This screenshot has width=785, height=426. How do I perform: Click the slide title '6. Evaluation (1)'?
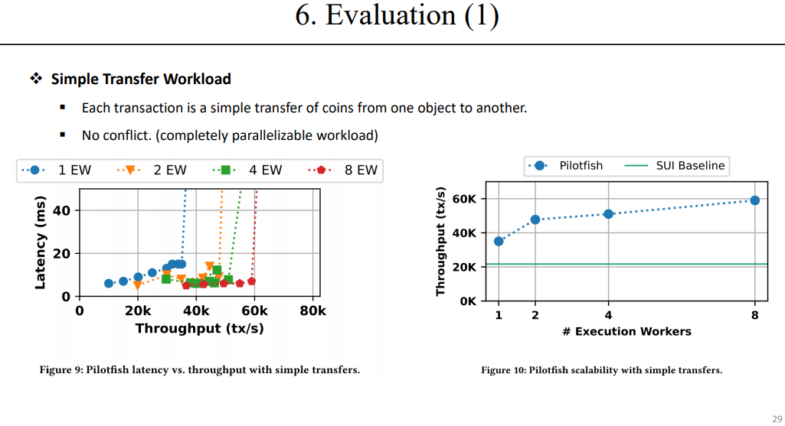click(397, 18)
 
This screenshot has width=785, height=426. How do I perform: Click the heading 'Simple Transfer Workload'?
click(141, 79)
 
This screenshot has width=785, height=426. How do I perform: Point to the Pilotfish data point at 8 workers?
click(755, 200)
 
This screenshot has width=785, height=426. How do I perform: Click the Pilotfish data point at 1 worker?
click(499, 241)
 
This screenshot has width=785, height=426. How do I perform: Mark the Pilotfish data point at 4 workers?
click(608, 214)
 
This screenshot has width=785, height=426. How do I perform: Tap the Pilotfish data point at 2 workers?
click(535, 220)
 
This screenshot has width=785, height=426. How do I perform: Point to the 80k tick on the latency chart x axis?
click(312, 311)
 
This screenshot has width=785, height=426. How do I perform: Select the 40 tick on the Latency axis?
click(62, 210)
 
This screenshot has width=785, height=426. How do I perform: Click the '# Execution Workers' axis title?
click(626, 331)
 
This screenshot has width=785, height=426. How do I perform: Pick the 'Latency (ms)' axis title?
click(41, 243)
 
